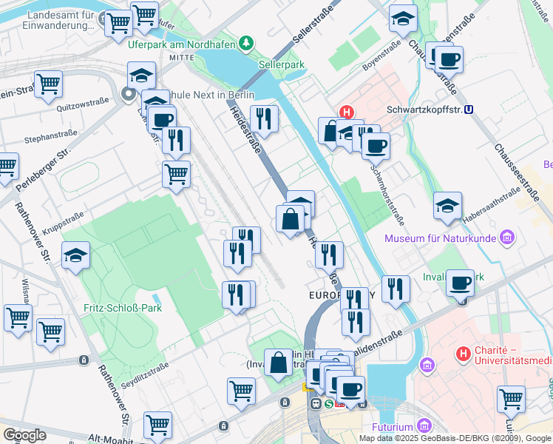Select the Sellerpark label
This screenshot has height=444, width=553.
282,64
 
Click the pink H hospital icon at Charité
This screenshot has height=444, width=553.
463,354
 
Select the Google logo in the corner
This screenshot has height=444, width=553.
24,434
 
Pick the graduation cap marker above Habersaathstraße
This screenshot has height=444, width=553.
447,206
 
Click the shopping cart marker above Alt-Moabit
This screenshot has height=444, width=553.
157,425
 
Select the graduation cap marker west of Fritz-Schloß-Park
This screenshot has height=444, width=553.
75,256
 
